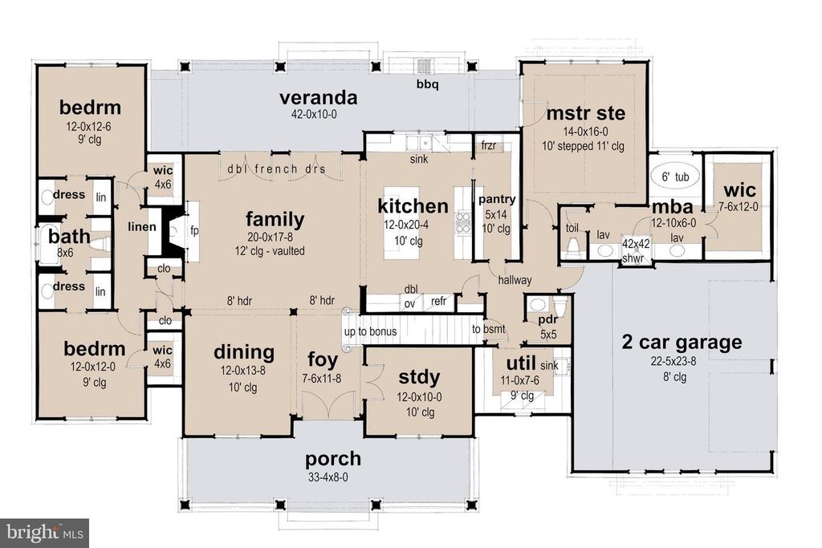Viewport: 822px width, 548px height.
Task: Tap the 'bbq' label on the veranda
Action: pos(427,84)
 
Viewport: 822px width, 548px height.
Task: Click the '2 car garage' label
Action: pos(682,343)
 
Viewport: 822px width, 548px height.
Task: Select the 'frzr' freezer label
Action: pos(489,147)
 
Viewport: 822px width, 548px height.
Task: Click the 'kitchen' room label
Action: pos(413,205)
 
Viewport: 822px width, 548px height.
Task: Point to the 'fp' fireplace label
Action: pos(194,229)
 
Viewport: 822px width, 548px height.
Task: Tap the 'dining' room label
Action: pos(244,352)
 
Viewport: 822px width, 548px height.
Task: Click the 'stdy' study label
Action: pos(418,375)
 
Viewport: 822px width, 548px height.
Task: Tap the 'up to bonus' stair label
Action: pos(372,331)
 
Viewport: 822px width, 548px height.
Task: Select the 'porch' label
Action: pos(332,460)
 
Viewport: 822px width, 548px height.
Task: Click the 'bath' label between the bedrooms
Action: pos(63,237)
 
